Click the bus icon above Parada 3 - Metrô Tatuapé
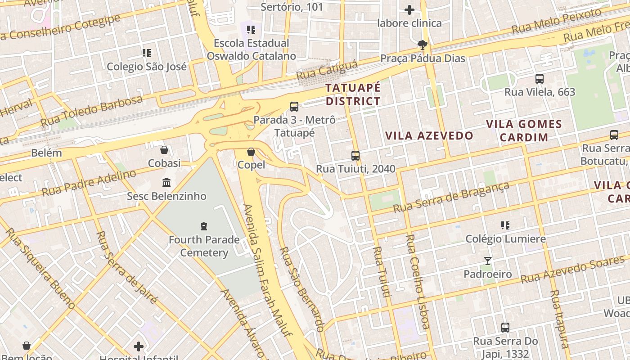(294, 107)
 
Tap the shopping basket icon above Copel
(251, 152)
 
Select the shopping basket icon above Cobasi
(164, 149)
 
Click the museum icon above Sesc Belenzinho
(166, 182)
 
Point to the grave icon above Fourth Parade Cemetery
(204, 226)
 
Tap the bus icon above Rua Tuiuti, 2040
(355, 156)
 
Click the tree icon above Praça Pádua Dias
(422, 45)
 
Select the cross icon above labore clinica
(409, 9)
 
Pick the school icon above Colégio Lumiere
(505, 225)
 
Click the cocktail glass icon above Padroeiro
(488, 261)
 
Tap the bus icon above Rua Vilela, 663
(540, 79)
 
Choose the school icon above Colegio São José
(147, 53)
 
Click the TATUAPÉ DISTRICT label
(353, 94)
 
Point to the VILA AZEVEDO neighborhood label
(429, 135)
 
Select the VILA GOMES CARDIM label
(524, 130)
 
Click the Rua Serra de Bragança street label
(451, 197)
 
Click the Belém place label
(46, 153)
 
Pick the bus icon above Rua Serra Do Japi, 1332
(505, 328)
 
